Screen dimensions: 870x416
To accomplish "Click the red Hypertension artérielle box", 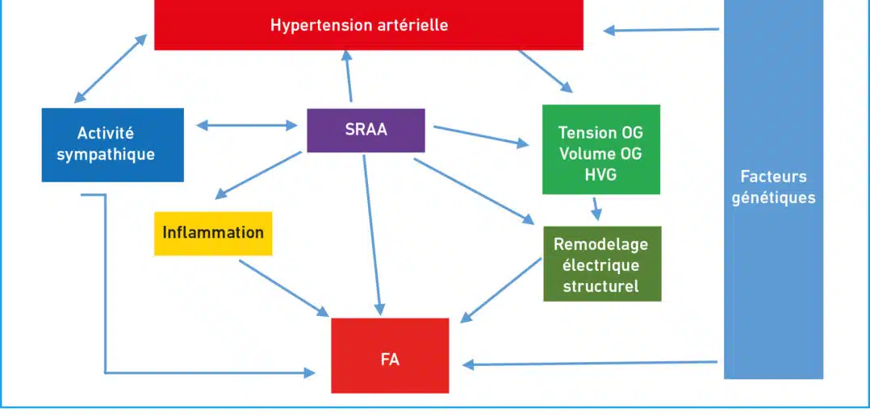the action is click(368, 25).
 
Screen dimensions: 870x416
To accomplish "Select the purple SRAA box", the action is click(366, 130).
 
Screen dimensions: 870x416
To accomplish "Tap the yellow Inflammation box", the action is click(213, 233).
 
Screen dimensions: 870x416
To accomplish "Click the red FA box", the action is click(390, 356).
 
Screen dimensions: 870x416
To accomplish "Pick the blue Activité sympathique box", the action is click(113, 144).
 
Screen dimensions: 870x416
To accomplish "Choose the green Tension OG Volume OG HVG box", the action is click(601, 150).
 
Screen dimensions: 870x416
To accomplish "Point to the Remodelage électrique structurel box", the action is click(602, 264).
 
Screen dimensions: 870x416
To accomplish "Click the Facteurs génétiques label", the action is click(773, 188).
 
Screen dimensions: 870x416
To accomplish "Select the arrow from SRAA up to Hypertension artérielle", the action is click(349, 76).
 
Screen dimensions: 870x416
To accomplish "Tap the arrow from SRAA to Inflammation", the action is click(258, 175).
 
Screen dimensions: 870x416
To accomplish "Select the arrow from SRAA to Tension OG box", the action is click(481, 137).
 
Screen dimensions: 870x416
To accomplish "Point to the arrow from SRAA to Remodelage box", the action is click(474, 192).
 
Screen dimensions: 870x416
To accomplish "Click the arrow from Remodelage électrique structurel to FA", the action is click(501, 290).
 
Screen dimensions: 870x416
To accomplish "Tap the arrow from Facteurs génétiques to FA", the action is click(590, 364).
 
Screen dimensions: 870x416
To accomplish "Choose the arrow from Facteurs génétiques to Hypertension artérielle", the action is click(662, 30).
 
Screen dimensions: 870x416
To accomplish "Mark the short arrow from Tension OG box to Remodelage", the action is click(596, 208).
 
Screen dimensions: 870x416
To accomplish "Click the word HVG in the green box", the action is click(601, 174).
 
